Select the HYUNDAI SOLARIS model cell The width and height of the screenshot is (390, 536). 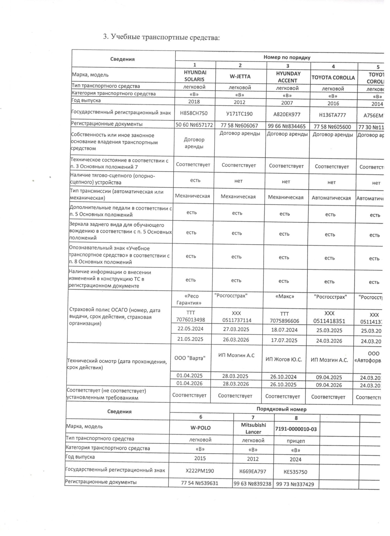click(x=195, y=76)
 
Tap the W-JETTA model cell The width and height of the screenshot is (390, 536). click(x=240, y=76)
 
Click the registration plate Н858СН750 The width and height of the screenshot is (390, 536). click(x=194, y=113)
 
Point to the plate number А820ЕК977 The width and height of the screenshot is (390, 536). click(x=287, y=114)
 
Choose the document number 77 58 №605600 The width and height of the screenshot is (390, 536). click(x=332, y=127)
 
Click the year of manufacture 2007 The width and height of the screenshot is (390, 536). click(x=287, y=103)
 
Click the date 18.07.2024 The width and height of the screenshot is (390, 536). click(x=284, y=330)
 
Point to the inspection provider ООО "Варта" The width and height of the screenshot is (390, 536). click(x=190, y=358)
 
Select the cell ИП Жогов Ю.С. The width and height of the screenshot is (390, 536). click(x=284, y=360)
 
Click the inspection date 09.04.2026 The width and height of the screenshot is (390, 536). click(x=329, y=385)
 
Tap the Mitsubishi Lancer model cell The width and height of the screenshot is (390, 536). click(x=253, y=429)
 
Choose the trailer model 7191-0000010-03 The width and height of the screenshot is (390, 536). click(x=296, y=429)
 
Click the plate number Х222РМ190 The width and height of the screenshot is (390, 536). click(x=200, y=471)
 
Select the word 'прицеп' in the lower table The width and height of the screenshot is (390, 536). click(x=296, y=441)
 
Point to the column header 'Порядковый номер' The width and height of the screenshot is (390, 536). click(x=281, y=409)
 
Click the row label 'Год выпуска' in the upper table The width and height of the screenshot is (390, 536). click(x=86, y=100)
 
